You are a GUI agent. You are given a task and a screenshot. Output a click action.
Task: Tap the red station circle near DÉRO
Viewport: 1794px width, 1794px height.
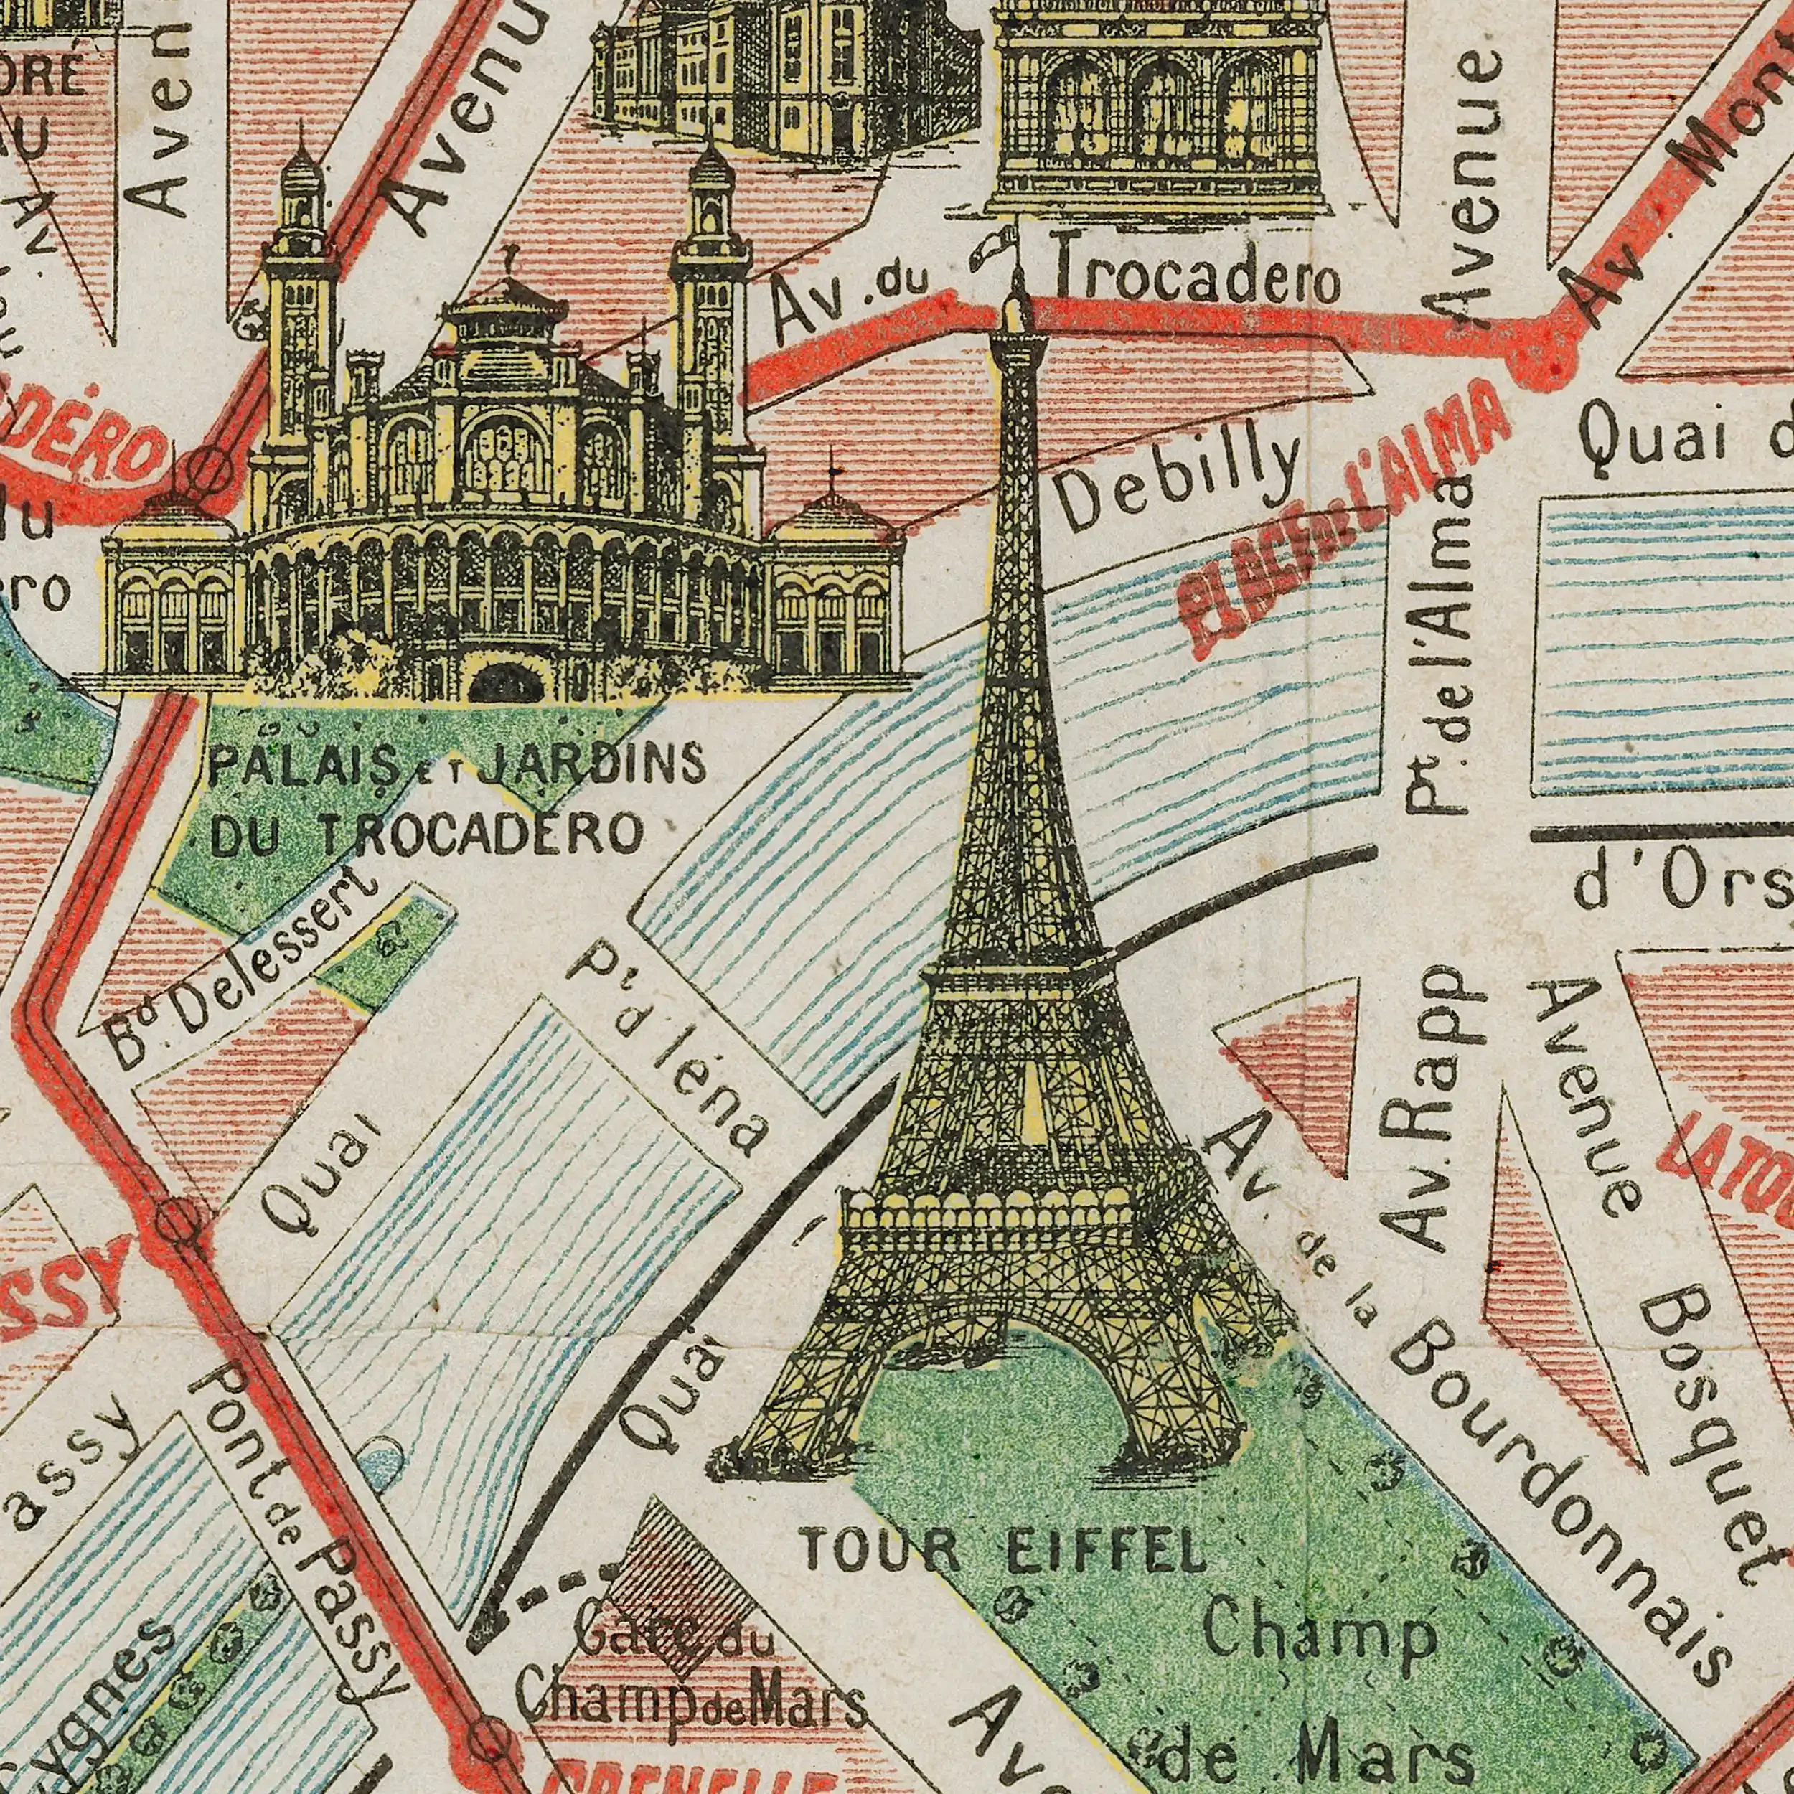(211, 464)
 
